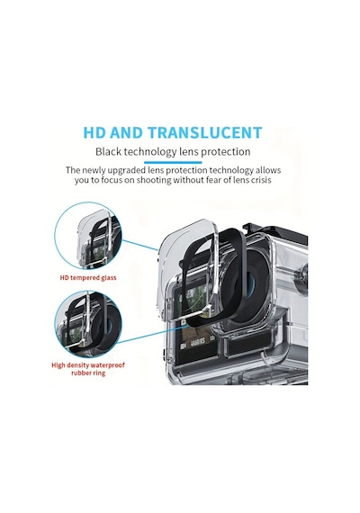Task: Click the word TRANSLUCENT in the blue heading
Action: [205, 132]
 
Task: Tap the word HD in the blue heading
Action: [94, 132]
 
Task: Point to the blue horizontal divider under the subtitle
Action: [173, 162]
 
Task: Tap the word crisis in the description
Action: [261, 180]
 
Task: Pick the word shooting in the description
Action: [154, 181]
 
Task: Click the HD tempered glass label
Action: [88, 278]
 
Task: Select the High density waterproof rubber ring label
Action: [88, 369]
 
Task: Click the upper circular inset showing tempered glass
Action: [88, 236]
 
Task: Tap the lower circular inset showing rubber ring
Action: [88, 325]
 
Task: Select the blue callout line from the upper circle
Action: [140, 245]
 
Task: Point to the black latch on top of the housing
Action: [274, 229]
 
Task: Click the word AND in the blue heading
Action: [127, 132]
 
